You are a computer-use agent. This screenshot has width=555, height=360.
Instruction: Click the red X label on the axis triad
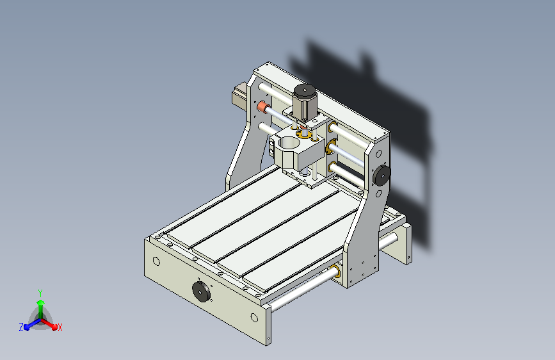(60, 328)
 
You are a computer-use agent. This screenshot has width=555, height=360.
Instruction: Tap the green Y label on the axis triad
(40, 293)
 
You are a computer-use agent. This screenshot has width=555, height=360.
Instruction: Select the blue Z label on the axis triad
(21, 327)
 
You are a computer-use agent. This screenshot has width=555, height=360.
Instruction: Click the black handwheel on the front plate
(201, 291)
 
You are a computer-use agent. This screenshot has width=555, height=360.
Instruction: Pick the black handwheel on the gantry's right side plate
(382, 175)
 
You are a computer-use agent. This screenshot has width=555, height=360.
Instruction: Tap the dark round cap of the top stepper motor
(304, 91)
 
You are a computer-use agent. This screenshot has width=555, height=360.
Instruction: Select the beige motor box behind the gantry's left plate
(239, 95)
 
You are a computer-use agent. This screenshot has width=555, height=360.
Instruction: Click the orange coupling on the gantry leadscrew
(263, 106)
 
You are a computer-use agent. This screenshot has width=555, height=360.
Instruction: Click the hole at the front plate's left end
(156, 261)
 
